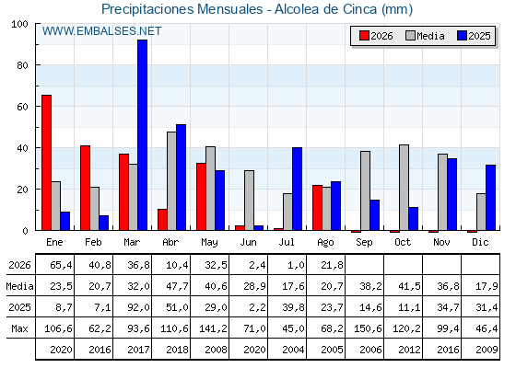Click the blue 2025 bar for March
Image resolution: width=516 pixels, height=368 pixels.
coord(143,135)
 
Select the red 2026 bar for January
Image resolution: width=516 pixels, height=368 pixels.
coord(46,163)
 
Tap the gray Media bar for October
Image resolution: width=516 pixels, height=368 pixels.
coord(405,188)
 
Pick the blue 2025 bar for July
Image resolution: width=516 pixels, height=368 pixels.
coord(297,189)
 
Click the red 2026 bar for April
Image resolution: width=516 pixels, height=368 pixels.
coord(162,220)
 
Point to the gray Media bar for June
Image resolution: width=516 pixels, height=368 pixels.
coord(249,201)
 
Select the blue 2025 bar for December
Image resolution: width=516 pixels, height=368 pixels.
coord(490,198)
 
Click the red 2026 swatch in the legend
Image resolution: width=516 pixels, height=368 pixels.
coord(364,36)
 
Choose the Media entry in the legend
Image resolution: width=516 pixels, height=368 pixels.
coord(425,36)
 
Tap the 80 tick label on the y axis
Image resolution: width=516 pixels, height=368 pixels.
coord(22,65)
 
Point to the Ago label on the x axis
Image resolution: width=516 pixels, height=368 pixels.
coord(325,243)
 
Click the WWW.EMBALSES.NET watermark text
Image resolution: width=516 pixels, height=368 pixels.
coord(101,31)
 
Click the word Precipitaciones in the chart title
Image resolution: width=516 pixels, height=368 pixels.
coord(147,9)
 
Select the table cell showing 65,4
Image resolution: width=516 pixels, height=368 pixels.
coord(61,265)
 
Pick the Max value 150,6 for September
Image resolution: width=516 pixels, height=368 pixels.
coord(368,328)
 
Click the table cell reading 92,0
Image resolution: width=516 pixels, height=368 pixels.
coord(138,307)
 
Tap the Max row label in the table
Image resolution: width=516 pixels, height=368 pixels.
coord(19,328)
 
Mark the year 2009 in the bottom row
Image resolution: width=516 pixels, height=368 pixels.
coord(487,350)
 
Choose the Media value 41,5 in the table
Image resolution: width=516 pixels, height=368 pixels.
coord(409,286)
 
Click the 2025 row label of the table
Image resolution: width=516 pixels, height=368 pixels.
coord(19,307)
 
